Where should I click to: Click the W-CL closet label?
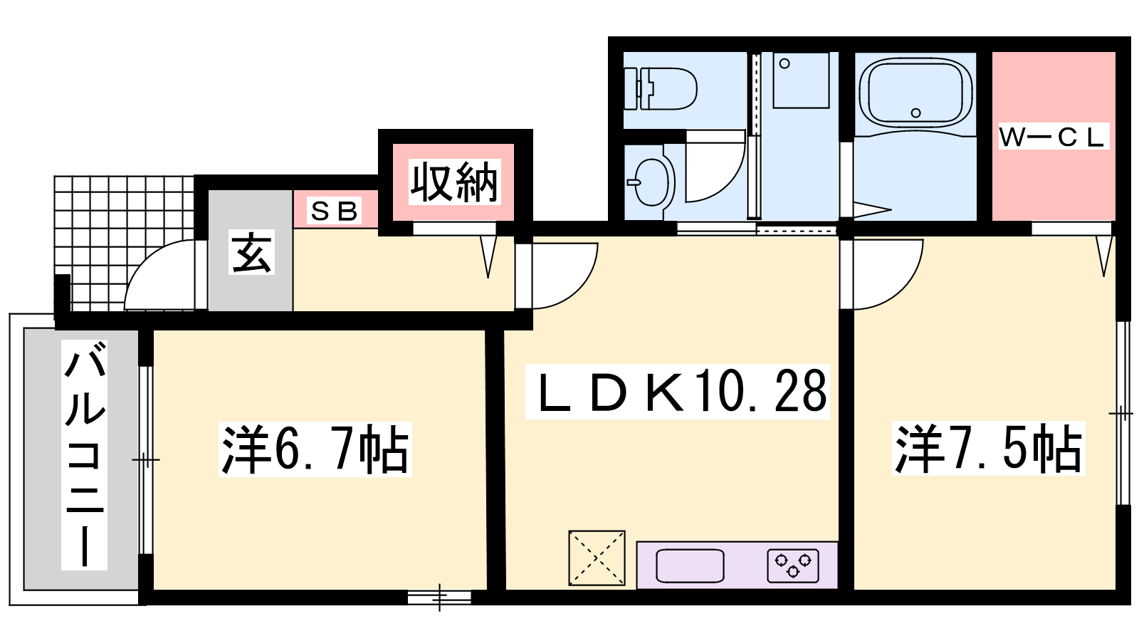pyautogui.click(x=1054, y=136)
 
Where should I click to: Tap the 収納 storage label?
pyautogui.click(x=454, y=182)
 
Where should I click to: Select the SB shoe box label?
pyautogui.click(x=334, y=211)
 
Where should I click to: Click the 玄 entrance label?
pyautogui.click(x=251, y=252)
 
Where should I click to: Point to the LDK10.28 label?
pyautogui.click(x=677, y=391)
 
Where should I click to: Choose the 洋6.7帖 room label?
pyautogui.click(x=315, y=449)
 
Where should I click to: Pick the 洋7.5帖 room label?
pyautogui.click(x=988, y=448)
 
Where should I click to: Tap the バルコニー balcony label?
pyautogui.click(x=85, y=454)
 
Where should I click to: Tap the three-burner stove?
pyautogui.click(x=793, y=566)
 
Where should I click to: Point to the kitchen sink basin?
pyautogui.click(x=690, y=566)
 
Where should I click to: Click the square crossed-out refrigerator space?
pyautogui.click(x=597, y=558)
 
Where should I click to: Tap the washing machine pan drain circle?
pyautogui.click(x=784, y=63)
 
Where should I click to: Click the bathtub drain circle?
pyautogui.click(x=915, y=113)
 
